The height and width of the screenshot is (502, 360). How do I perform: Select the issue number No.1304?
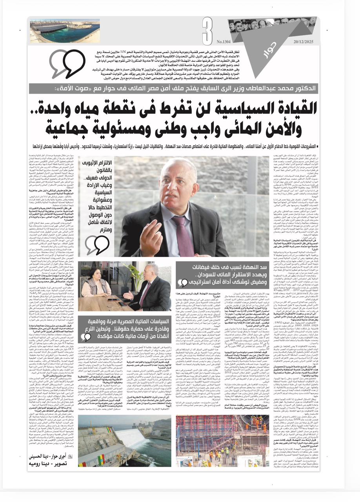click(224, 42)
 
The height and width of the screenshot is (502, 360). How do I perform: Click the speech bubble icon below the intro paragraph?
click(67, 64)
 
